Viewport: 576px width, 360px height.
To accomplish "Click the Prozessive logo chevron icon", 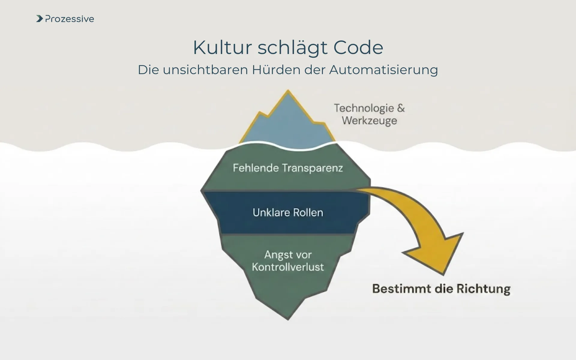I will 39,19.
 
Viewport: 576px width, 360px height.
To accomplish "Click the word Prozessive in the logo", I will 70,19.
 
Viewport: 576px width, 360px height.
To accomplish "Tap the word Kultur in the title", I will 222,47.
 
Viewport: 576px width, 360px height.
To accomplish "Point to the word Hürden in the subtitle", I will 275,70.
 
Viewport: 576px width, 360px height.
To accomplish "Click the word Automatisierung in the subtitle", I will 383,70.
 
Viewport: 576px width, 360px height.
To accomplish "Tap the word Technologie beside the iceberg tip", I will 364,108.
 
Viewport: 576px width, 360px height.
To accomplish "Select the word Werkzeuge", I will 369,121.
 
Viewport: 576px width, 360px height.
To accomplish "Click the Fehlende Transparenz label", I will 288,168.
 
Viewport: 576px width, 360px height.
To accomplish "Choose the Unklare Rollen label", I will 288,212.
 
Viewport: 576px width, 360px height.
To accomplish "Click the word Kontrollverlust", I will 288,267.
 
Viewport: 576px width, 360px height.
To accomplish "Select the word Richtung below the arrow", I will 483,289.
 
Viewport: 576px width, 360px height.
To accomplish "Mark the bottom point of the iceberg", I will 288,319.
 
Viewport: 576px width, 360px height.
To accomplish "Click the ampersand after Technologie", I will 401,108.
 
